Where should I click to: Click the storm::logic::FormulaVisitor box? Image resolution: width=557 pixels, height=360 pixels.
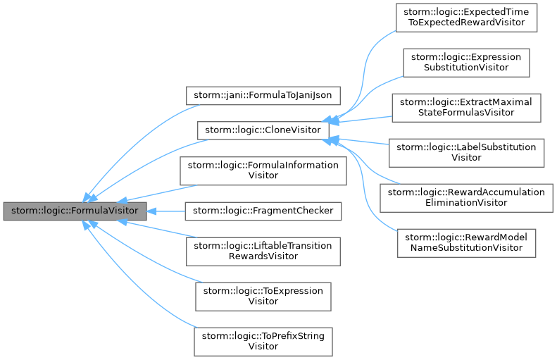tap(75, 211)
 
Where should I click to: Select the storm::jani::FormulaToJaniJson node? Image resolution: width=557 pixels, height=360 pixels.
tap(263, 94)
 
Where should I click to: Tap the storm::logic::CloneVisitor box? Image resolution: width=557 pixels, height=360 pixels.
tap(262, 130)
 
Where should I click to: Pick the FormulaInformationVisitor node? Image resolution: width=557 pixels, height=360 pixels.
tap(263, 170)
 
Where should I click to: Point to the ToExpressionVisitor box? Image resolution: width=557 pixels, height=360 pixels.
tap(263, 296)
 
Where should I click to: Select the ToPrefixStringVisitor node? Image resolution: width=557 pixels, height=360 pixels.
tap(263, 341)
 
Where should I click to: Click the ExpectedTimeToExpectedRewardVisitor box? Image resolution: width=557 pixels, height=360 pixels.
tap(466, 17)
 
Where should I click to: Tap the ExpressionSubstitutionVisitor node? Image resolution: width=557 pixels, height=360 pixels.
tap(466, 62)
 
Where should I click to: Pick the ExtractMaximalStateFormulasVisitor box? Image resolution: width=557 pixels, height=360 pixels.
tap(466, 107)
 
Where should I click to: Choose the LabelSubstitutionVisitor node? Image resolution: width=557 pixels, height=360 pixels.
tap(466, 152)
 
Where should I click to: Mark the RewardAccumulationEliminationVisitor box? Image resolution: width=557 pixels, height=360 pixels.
tap(466, 197)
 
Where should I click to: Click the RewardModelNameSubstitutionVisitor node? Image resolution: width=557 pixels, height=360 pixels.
tap(466, 242)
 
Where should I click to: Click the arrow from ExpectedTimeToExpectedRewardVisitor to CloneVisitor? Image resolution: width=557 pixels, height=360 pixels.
tap(367, 63)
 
